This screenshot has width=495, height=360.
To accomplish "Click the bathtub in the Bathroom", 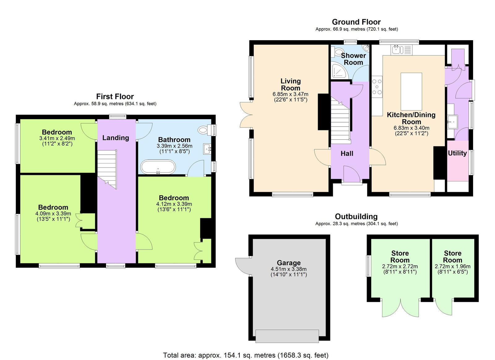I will point(158,167).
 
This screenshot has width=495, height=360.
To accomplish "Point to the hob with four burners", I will point(377,87).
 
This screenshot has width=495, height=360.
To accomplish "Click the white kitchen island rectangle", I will point(411,91).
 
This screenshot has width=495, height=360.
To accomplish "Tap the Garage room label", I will point(289,263).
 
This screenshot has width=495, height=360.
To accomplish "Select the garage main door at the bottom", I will point(287,336).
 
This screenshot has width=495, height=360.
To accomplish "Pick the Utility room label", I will point(457,153).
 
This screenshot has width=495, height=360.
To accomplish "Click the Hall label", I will point(347,154).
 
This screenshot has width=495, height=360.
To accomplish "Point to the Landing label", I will point(116,138).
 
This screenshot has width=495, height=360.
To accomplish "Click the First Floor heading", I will point(115,97).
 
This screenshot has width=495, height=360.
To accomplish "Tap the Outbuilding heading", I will point(356,216).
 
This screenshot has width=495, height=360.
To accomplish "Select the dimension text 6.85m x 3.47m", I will point(290,94).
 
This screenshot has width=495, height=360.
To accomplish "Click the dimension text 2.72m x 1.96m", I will point(452,266).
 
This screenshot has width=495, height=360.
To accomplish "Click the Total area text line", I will point(246,355).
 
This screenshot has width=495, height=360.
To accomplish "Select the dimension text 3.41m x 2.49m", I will point(57,138).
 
